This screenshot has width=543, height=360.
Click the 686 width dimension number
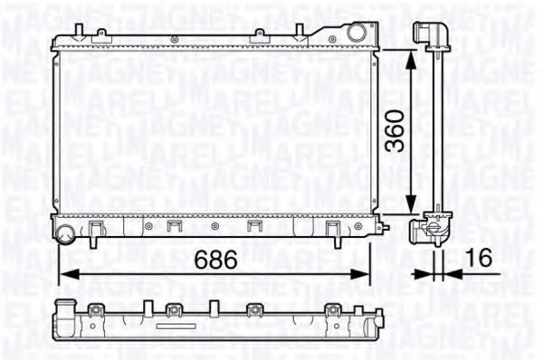(218, 260)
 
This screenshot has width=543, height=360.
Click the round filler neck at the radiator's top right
(359, 33)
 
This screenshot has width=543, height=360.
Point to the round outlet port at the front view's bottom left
(65, 236)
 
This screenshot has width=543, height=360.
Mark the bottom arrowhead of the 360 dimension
(413, 209)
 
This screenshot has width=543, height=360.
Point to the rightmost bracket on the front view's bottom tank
(329, 226)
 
